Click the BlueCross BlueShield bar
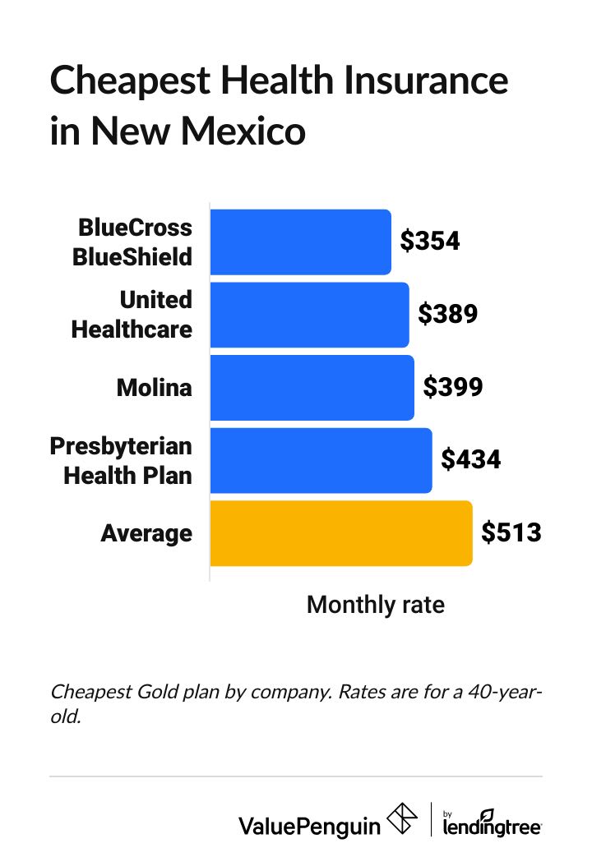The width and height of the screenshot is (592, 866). click(300, 242)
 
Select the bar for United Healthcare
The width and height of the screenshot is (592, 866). click(309, 315)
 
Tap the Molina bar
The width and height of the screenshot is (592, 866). click(312, 387)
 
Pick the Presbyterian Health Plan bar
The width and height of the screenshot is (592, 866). click(321, 460)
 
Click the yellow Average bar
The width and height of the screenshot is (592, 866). click(341, 532)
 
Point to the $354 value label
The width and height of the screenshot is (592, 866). click(429, 241)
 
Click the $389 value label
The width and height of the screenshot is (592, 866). click(447, 314)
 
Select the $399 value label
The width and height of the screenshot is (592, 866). click(452, 387)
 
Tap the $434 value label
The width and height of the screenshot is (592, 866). click(470, 459)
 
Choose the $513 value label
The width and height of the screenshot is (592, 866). click(511, 532)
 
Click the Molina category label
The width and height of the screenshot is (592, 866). click(155, 387)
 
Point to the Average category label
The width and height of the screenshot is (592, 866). click(146, 533)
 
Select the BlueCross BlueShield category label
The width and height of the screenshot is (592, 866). click(134, 242)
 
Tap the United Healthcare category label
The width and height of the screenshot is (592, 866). click(132, 315)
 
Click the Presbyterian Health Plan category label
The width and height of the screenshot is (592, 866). click(122, 460)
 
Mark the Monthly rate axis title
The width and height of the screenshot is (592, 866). click(375, 606)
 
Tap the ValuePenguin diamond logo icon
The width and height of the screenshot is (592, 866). click(402, 822)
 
